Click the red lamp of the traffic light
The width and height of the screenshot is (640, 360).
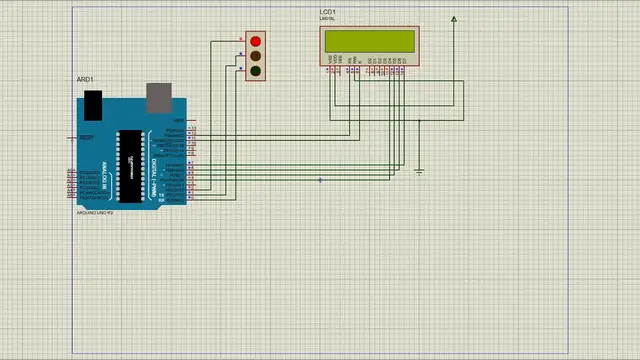256,41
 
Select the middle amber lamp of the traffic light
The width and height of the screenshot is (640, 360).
256,56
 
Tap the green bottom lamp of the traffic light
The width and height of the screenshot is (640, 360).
256,71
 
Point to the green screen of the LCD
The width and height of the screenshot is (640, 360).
368,40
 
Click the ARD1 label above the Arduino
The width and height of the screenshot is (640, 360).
85,78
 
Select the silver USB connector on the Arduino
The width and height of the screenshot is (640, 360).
159,97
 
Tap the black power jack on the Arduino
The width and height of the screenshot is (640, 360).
93,102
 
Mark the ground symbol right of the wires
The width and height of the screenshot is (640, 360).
419,171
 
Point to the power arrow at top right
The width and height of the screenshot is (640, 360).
454,18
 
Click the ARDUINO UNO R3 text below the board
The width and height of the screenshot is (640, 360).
96,213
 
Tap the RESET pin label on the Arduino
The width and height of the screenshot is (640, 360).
86,137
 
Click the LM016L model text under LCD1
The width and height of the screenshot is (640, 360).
327,20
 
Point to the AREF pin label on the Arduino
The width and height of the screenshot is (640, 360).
179,120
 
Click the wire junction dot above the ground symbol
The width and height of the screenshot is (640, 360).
419,121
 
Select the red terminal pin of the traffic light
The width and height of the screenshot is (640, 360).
241,41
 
